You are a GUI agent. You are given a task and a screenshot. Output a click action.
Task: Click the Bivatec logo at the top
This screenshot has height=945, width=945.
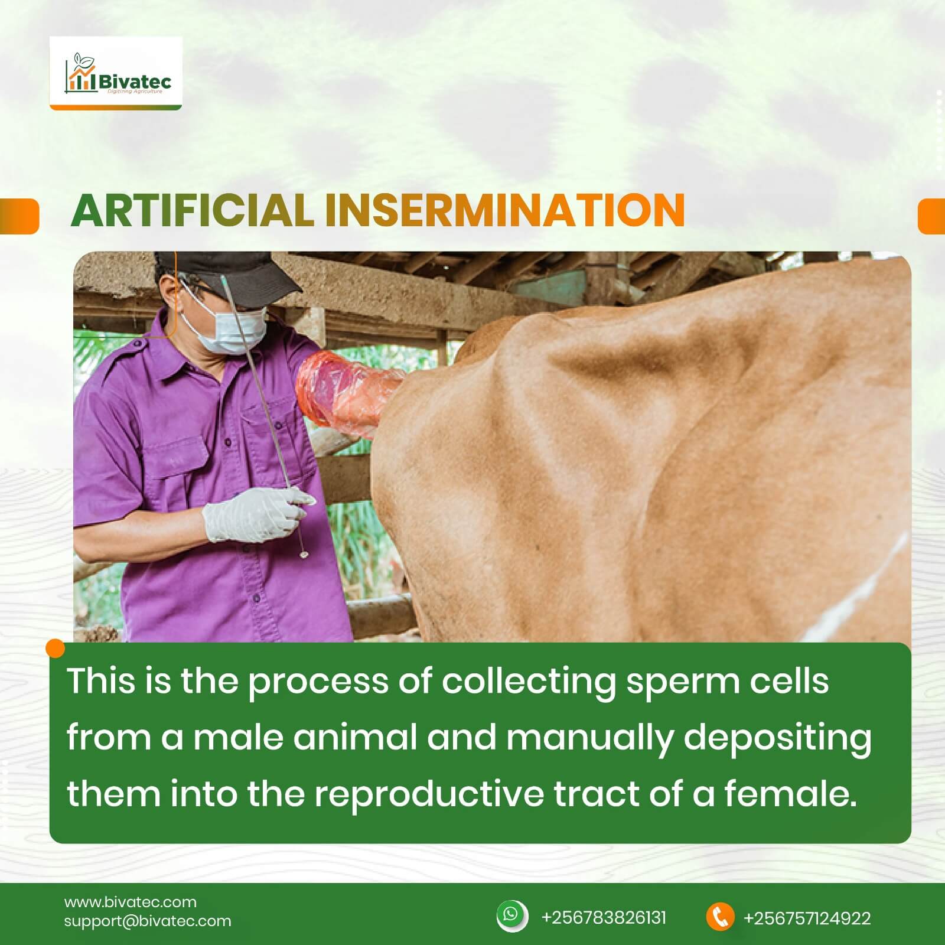116,73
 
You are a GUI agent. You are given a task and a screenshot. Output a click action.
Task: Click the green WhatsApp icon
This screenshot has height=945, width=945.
511,916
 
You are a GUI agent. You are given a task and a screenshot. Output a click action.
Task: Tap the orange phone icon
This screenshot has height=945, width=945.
720,917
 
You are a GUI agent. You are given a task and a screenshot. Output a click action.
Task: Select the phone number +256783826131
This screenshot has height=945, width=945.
604,918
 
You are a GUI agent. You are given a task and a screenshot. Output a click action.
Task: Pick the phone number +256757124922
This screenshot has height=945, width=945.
807,918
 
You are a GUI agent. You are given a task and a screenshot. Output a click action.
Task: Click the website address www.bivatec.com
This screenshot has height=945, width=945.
131,902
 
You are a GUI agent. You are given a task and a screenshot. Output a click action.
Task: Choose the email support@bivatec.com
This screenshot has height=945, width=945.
148,921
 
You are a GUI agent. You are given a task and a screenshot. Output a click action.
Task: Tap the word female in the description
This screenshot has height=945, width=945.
790,793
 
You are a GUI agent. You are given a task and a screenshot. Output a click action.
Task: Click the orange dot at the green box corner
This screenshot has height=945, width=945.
55,649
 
